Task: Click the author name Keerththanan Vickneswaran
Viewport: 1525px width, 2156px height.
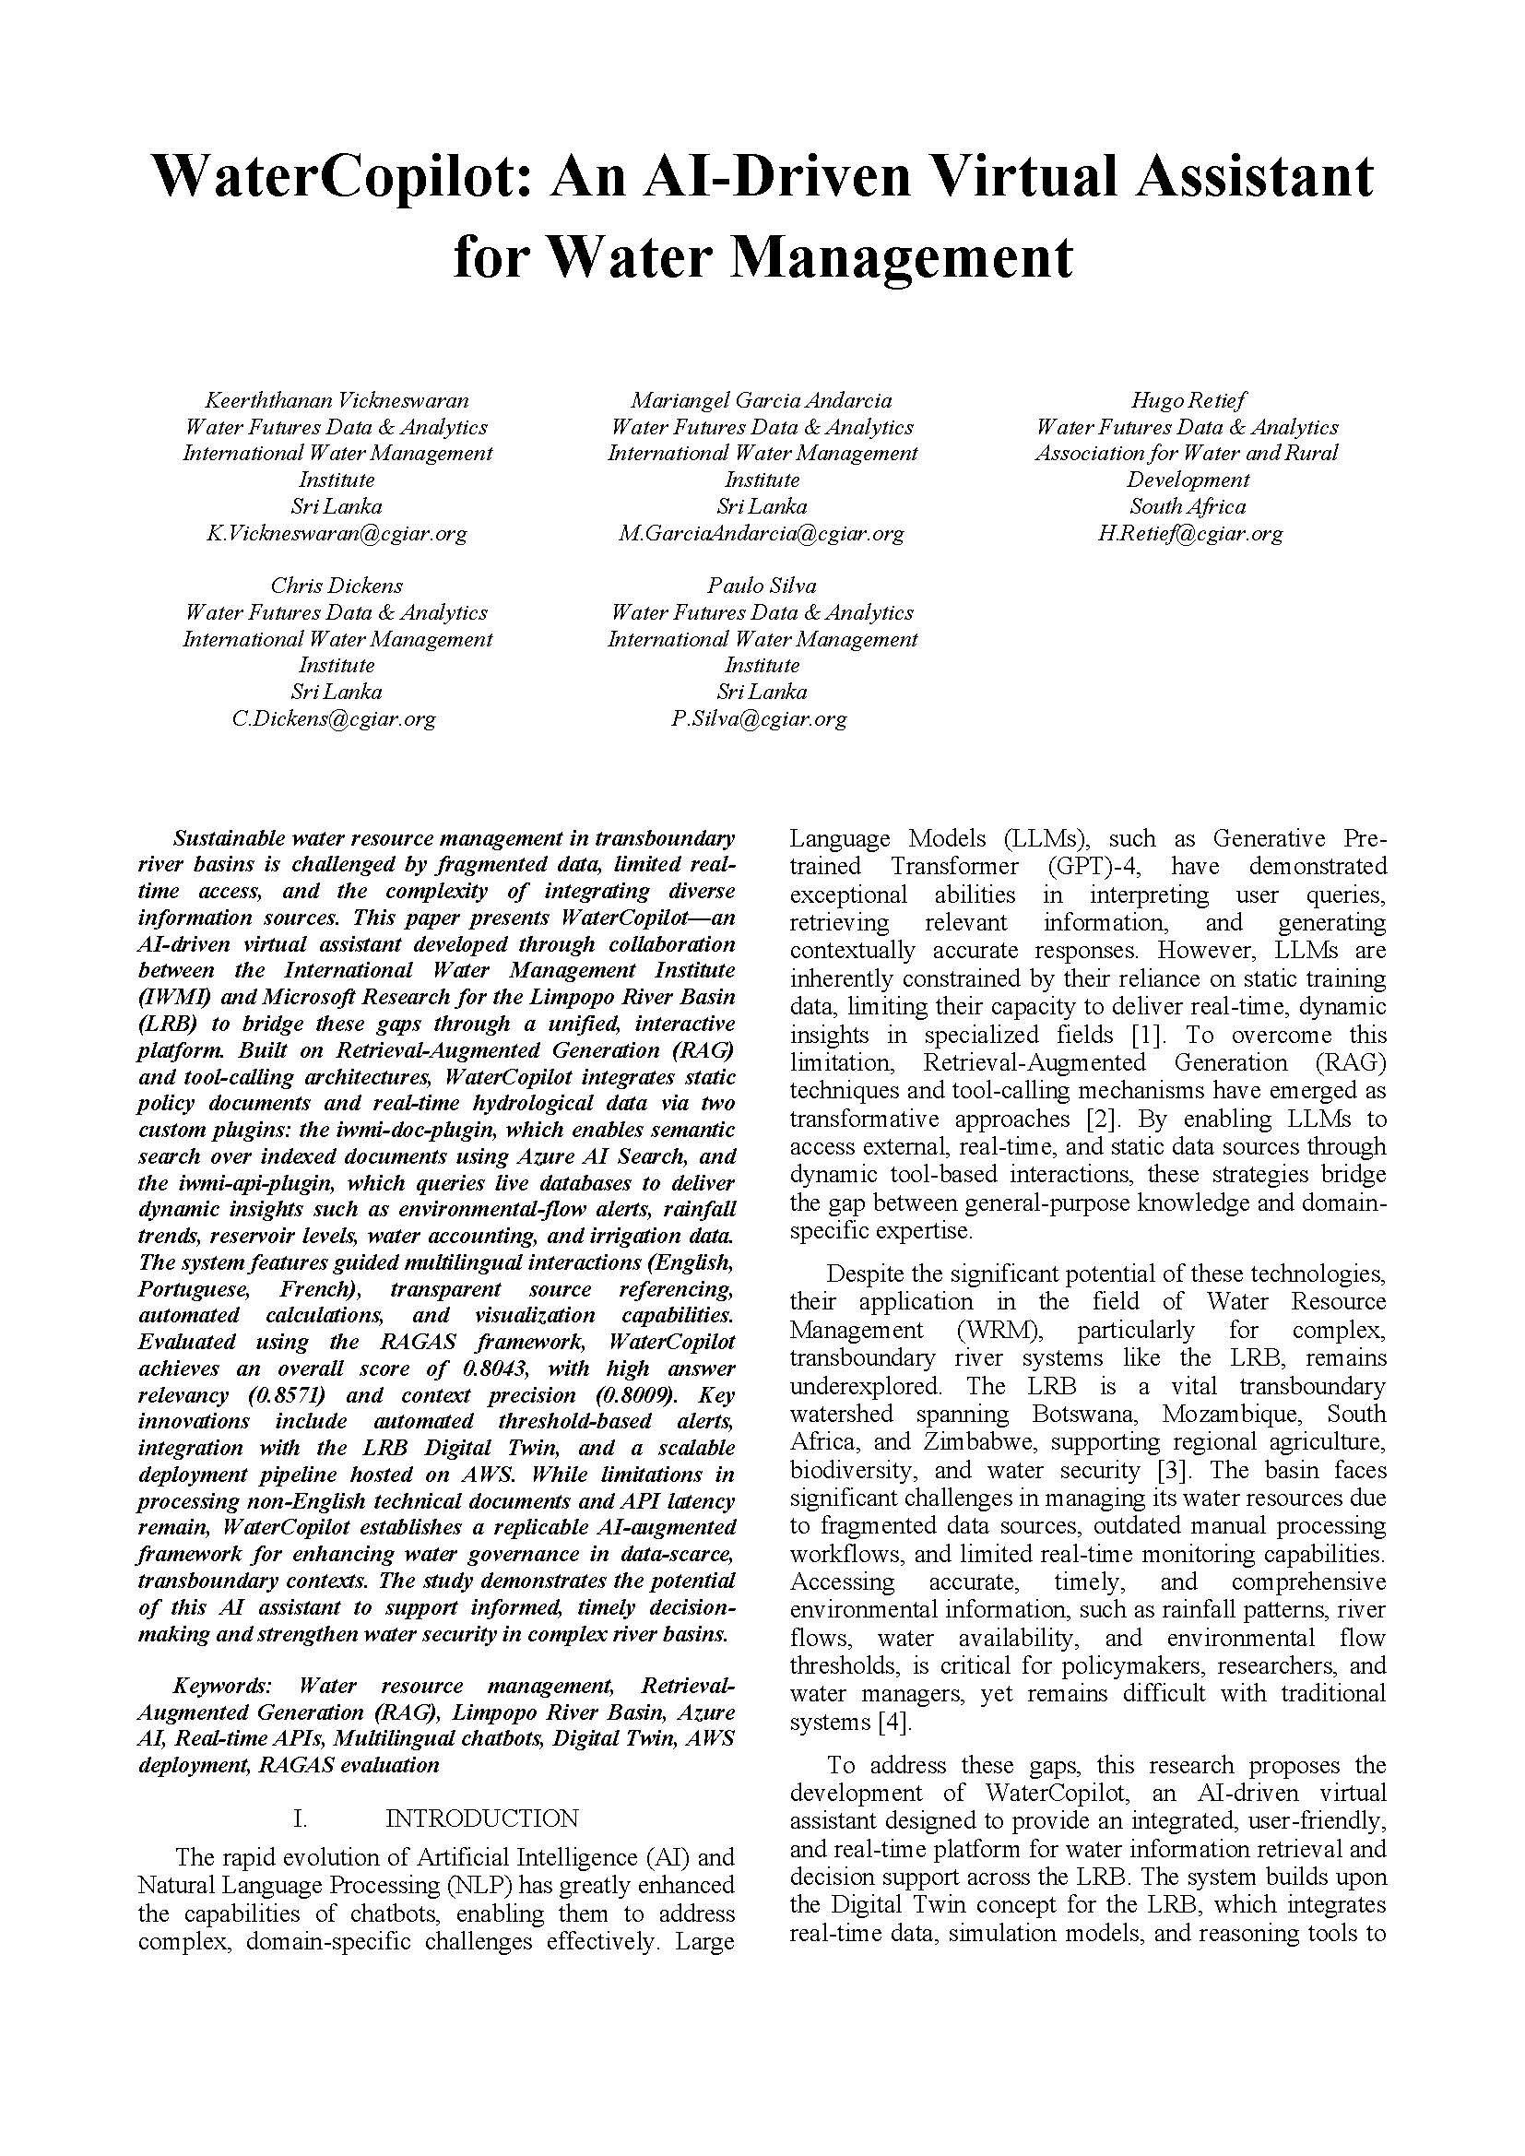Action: [337, 400]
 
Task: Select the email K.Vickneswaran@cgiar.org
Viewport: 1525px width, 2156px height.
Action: [337, 534]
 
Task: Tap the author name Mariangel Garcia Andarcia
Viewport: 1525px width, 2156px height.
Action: [762, 400]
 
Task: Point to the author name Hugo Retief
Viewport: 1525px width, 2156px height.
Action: [1187, 400]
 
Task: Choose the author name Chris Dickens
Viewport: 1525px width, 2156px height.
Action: [337, 586]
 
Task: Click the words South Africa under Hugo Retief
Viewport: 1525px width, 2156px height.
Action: [1187, 507]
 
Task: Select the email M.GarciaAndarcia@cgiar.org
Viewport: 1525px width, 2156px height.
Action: [762, 534]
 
